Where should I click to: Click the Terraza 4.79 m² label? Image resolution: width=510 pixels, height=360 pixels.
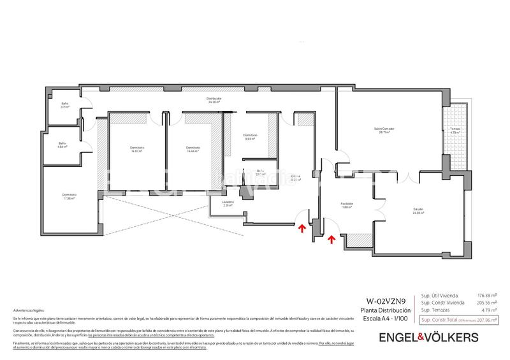click(455, 130)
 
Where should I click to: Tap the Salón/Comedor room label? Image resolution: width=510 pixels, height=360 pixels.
click(384, 131)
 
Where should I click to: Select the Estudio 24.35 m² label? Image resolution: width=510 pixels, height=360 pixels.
click(418, 211)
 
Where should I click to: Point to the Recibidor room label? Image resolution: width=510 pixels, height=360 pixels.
click(347, 205)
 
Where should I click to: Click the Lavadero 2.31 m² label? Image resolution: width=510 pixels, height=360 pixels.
click(228, 204)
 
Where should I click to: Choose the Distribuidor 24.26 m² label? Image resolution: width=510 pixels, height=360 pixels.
click(214, 100)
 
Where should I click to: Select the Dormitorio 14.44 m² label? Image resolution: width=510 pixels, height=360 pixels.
click(194, 149)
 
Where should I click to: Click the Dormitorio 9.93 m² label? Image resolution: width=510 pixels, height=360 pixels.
click(250, 136)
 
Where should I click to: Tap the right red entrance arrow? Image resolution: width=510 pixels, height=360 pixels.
click(331, 240)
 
